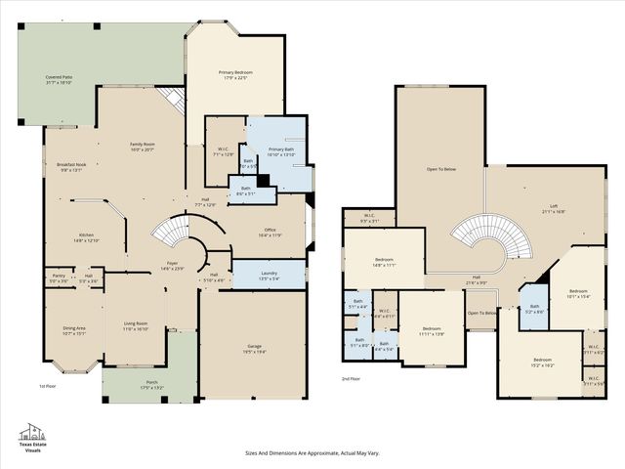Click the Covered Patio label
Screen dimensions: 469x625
tap(62, 77)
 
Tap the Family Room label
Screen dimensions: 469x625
tap(144, 145)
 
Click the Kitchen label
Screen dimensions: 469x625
tap(87, 235)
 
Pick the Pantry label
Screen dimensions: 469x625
tap(59, 277)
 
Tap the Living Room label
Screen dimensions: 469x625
tap(135, 323)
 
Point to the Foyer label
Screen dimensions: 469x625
tap(172, 264)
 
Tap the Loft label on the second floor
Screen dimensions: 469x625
tap(554, 206)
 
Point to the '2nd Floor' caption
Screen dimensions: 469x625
tap(351, 378)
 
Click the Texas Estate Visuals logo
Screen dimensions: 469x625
tap(33, 438)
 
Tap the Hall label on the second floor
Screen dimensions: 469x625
tap(477, 277)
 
